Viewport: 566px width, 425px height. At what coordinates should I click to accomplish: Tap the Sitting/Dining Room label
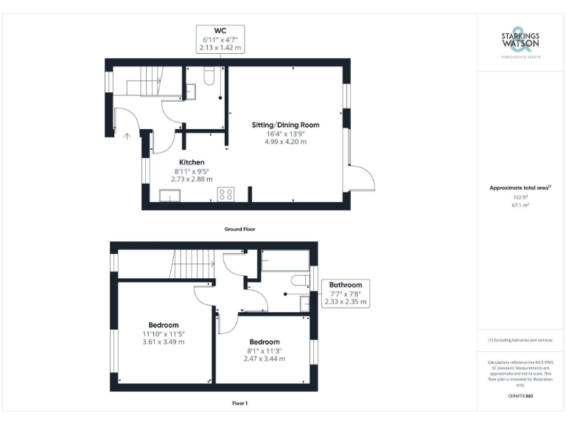286,125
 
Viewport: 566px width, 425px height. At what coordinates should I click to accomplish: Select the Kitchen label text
192,162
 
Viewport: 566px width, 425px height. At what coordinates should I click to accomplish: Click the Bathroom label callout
345,293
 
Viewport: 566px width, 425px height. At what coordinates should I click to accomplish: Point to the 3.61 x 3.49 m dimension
164,342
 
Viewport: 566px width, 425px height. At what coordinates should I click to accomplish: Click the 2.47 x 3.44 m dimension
264,359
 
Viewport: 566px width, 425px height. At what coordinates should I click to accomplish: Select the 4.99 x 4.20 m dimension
286,142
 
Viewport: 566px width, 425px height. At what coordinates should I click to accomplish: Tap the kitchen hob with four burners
226,195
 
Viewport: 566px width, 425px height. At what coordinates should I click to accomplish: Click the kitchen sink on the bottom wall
170,196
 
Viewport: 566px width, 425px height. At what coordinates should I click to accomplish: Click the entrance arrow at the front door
127,136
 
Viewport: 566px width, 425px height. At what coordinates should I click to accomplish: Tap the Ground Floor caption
240,229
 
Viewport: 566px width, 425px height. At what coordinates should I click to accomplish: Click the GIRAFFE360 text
520,397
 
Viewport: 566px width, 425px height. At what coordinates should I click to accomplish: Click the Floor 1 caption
240,403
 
